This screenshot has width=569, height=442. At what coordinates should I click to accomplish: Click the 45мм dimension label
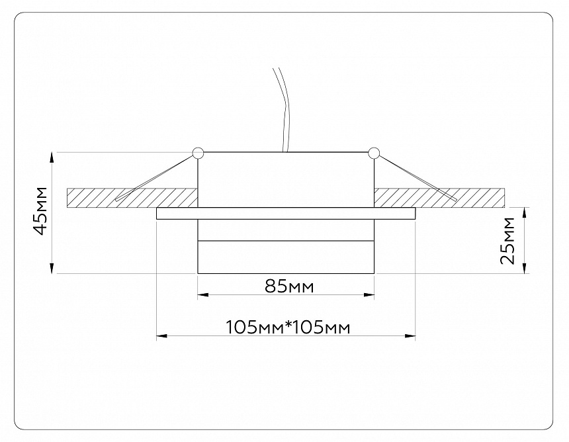click(41, 211)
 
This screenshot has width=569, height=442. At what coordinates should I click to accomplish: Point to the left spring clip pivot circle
click(197, 153)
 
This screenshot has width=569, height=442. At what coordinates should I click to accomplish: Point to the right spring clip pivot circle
click(374, 153)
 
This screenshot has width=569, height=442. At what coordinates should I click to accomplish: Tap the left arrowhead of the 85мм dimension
click(202, 295)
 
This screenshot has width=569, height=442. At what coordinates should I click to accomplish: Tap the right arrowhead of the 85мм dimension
click(370, 295)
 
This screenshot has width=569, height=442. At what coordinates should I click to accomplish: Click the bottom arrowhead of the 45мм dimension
click(53, 269)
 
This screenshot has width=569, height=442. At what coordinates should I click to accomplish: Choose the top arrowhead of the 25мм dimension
click(526, 212)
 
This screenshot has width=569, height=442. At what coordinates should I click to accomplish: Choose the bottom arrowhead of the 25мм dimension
click(526, 269)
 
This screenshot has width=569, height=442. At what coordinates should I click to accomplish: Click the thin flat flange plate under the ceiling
click(286, 213)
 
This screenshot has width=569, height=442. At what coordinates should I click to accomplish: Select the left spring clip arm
click(155, 176)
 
